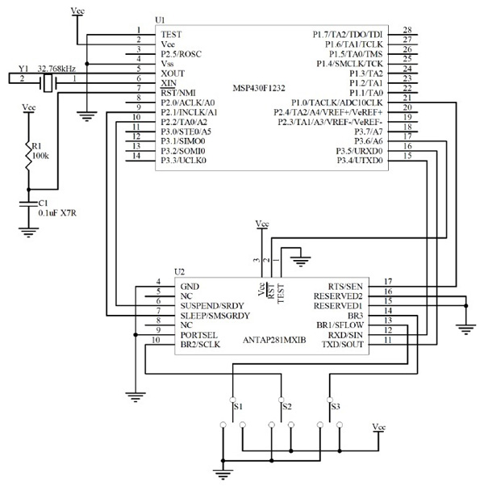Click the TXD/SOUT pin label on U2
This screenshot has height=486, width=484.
pos(344,345)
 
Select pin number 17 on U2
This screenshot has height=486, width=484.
pos(388,281)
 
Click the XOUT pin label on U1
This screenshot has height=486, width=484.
pos(174,72)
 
